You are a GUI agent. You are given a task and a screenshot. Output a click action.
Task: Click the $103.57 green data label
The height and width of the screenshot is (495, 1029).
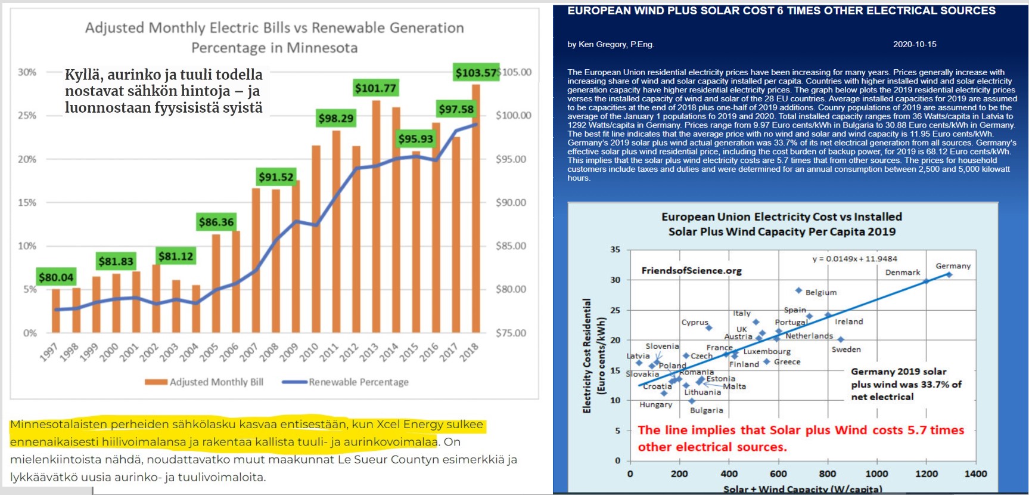click(x=475, y=73)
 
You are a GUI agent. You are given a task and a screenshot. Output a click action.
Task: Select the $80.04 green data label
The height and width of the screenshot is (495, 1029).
click(x=56, y=277)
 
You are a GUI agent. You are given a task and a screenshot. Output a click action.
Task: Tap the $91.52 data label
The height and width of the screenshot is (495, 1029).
click(x=276, y=177)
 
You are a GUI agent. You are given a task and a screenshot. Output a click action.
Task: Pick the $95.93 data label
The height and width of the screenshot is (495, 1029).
click(x=416, y=139)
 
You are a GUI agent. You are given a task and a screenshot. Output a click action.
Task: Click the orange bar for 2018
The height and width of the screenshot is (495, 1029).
click(x=475, y=209)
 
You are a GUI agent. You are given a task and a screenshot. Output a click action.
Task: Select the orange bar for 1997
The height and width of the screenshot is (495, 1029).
click(x=56, y=311)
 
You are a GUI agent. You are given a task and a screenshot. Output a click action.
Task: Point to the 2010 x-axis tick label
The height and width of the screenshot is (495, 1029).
click(x=309, y=352)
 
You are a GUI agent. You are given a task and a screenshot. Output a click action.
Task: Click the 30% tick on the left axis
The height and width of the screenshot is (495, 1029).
click(x=27, y=72)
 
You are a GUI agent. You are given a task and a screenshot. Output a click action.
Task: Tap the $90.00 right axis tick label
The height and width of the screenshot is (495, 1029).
click(x=511, y=203)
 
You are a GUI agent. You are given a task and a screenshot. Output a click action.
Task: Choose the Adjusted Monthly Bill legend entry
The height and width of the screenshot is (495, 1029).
click(x=204, y=382)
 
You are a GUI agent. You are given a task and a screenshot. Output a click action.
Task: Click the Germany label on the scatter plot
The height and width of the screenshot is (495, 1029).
click(x=953, y=266)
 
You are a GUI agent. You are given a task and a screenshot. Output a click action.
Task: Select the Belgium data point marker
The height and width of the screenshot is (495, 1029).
click(x=798, y=290)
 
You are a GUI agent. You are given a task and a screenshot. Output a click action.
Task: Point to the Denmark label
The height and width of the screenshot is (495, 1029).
click(x=902, y=273)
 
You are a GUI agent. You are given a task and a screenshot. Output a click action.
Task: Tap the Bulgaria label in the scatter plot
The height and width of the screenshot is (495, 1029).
click(x=706, y=410)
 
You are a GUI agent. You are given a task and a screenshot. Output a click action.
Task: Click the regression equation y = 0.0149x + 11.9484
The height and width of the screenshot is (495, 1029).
click(x=854, y=259)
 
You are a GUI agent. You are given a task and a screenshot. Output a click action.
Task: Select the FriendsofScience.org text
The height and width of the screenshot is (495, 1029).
click(x=691, y=271)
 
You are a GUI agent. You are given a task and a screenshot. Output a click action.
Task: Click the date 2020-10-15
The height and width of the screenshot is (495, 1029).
click(x=914, y=44)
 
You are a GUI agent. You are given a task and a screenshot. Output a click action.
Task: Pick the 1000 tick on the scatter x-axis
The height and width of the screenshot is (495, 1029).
click(x=876, y=474)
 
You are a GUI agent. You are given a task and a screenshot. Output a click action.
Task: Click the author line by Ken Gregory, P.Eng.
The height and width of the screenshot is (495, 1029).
click(x=610, y=44)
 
